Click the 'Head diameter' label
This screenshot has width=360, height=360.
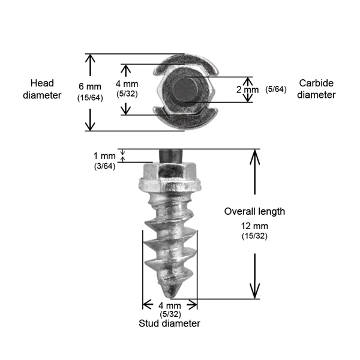tap(47, 88)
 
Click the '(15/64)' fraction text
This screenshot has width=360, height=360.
tap(89, 98)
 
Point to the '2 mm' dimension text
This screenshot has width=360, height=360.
tap(247, 89)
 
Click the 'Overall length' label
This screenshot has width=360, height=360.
tap(254, 211)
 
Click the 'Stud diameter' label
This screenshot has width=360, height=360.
tap(170, 323)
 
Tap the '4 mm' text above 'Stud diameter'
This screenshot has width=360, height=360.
tap(170, 305)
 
